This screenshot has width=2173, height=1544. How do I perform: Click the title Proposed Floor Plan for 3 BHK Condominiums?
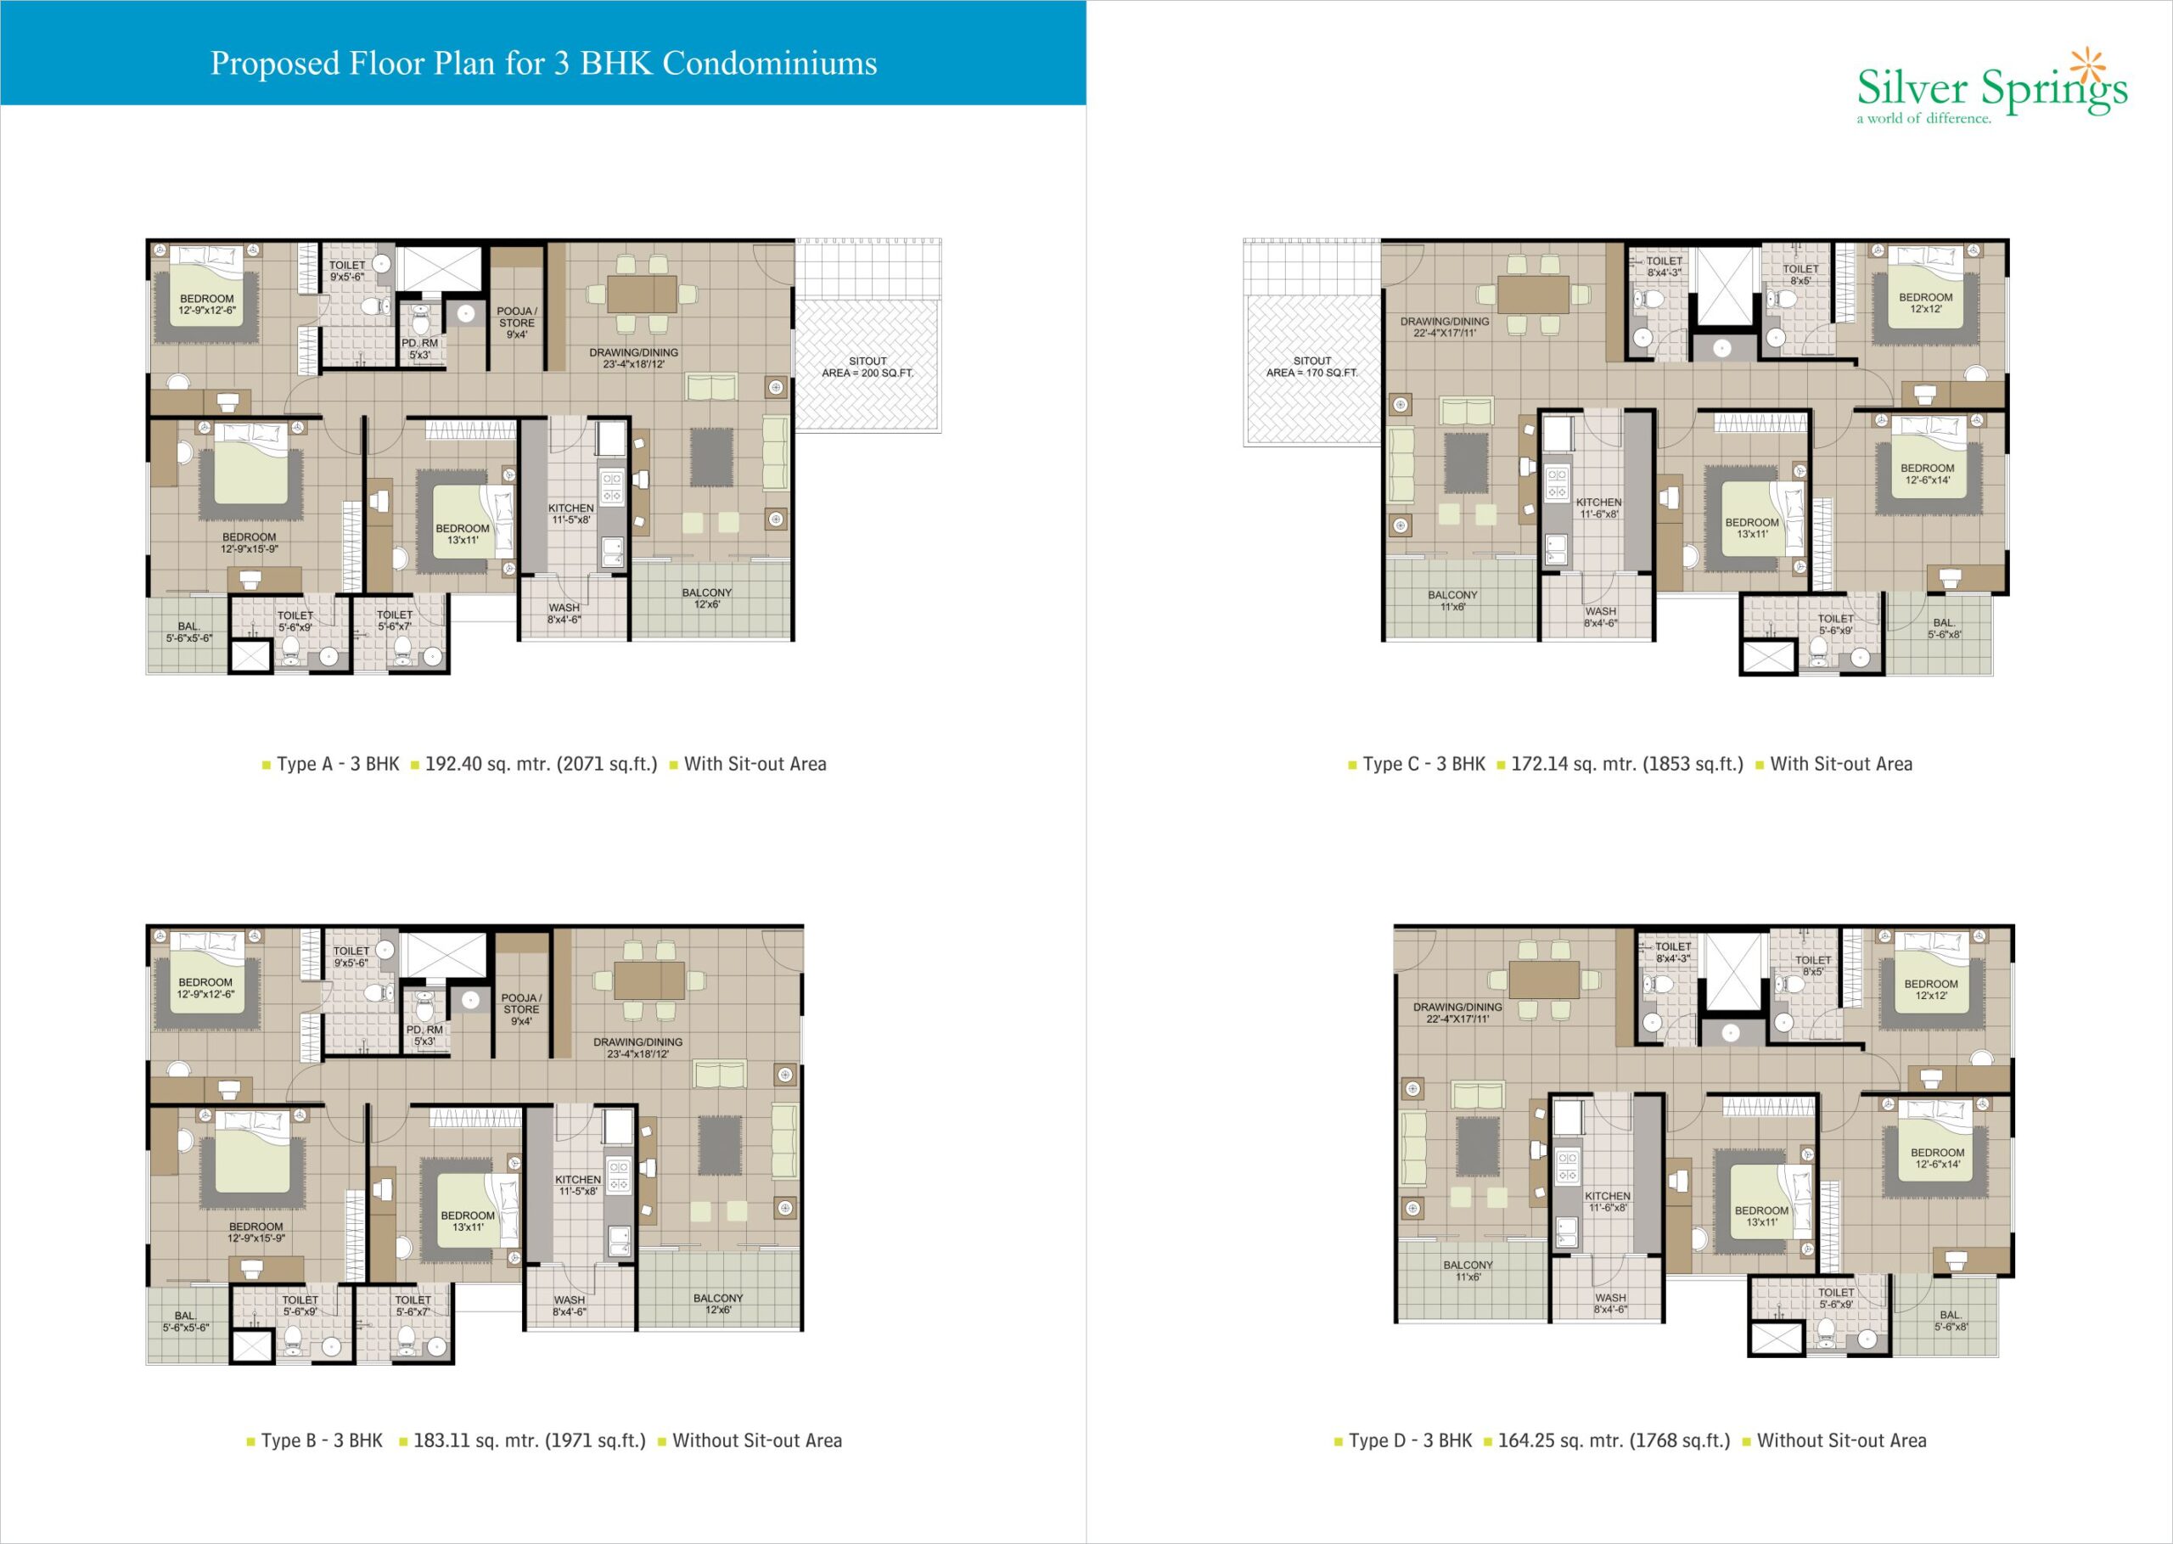tap(544, 63)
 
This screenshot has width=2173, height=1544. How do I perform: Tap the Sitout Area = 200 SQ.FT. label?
tap(867, 367)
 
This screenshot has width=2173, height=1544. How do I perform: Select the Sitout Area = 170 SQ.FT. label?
tap(1311, 367)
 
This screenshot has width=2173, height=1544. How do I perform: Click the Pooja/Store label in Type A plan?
tap(517, 323)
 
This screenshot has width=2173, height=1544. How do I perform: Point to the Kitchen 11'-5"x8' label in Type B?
tap(578, 1185)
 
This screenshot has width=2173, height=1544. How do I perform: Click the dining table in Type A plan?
tap(643, 294)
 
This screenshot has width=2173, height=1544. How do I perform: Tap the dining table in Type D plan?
tap(1545, 980)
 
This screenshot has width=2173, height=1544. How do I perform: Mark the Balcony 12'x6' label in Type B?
tap(717, 1304)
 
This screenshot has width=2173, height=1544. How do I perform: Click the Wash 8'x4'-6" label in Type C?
tap(1601, 617)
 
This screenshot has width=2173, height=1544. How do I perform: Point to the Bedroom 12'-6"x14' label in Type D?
tap(1937, 1158)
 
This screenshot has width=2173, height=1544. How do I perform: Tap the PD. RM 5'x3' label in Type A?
tap(420, 349)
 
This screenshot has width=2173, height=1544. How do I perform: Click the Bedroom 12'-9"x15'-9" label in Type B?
tap(255, 1232)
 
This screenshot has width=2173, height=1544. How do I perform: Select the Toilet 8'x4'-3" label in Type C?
tap(1665, 267)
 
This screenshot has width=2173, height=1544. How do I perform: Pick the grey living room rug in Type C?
tap(1466, 463)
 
